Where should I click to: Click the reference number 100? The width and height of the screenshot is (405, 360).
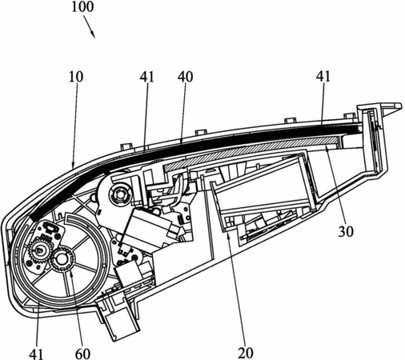(82, 7)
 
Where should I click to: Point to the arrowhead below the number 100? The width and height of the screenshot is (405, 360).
(93, 34)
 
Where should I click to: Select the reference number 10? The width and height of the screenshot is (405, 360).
(76, 77)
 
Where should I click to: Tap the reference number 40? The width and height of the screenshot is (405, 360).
(185, 77)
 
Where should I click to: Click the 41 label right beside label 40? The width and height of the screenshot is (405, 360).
(147, 77)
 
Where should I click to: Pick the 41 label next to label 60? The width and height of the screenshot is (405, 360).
(36, 354)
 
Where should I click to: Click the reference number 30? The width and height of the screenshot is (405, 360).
(346, 231)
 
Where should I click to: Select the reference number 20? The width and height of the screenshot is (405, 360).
(245, 354)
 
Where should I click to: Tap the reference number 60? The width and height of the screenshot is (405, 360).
(82, 354)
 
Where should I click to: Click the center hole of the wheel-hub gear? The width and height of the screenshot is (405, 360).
(62, 258)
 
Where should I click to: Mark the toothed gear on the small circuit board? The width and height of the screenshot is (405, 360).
(39, 250)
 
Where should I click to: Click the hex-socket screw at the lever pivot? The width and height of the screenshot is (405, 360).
(119, 195)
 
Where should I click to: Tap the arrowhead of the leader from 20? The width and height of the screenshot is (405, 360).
(229, 235)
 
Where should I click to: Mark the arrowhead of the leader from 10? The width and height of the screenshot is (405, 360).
(74, 165)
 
